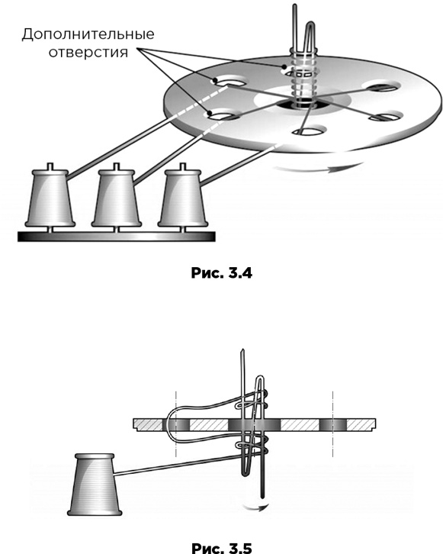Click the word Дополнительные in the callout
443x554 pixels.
click(88, 34)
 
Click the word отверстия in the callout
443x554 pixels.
click(88, 53)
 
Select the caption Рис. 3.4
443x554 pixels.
click(222, 272)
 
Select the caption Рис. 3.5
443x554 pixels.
click(222, 548)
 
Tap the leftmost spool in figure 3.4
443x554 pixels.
click(50, 197)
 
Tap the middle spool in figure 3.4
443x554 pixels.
click(117, 197)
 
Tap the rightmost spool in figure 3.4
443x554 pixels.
click(182, 197)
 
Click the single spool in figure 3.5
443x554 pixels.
click(95, 484)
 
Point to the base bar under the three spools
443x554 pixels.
click(117, 237)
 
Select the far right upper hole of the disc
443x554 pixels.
click(383, 86)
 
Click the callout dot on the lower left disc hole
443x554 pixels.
click(210, 114)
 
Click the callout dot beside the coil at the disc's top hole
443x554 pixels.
click(284, 66)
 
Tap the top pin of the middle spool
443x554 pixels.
click(117, 166)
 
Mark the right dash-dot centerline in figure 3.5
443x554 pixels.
click(332, 424)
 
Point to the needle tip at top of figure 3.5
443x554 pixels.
click(242, 349)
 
